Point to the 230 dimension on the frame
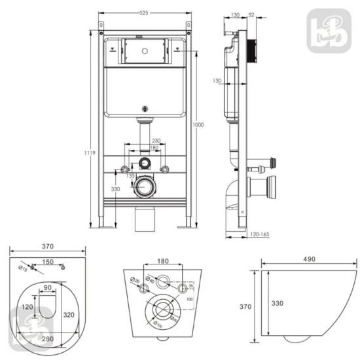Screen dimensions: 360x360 pos(156,141)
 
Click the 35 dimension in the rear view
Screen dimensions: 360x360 pos(190,286)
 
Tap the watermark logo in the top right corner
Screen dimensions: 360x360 pos(329,30)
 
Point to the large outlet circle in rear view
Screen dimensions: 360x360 pos(160,309)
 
